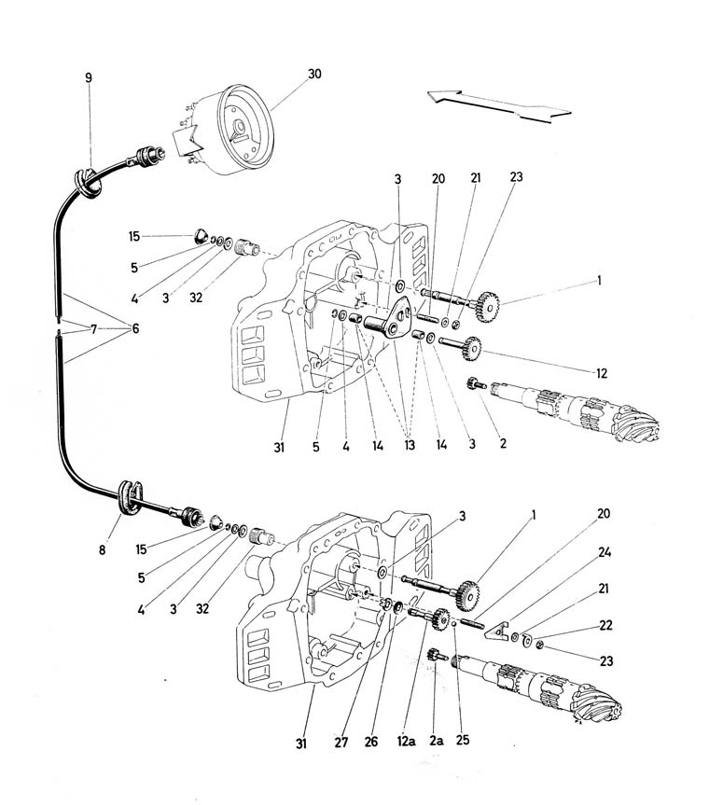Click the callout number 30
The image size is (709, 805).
[315, 74]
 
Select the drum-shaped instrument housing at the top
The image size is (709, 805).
[238, 131]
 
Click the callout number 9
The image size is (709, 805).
[89, 77]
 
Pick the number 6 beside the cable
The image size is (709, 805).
[136, 328]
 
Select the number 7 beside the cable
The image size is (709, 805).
[94, 328]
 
